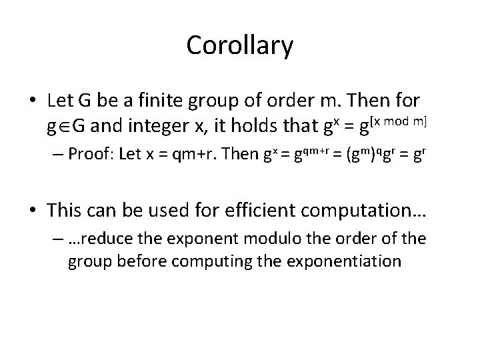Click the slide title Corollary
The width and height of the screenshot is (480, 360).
point(239,45)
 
